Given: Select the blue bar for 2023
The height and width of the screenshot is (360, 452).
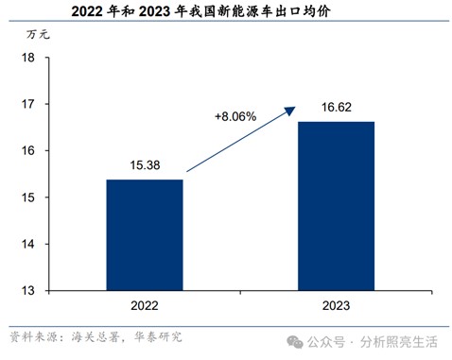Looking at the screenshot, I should pos(335,205).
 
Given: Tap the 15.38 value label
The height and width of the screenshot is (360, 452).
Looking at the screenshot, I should pos(145,165).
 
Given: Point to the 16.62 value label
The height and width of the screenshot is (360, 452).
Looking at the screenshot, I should pos(335,108).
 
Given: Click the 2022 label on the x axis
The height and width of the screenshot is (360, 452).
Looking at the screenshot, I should pos(145,306).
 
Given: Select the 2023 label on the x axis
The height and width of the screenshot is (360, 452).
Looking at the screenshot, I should pos(335,306).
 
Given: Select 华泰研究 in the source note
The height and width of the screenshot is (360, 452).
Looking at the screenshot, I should pos(155,336).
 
